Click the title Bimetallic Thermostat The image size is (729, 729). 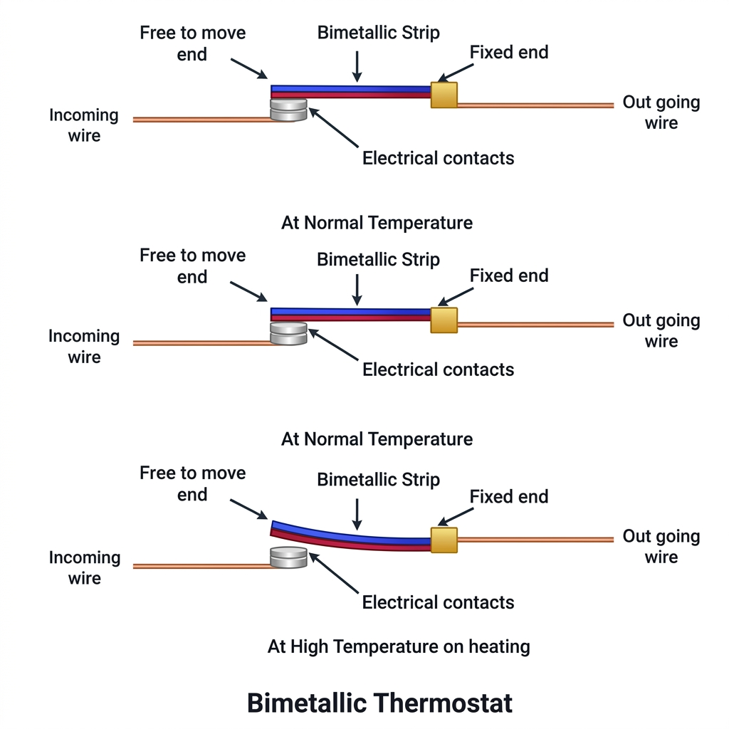(379, 703)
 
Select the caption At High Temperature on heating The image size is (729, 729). (399, 646)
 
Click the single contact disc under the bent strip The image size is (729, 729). (288, 557)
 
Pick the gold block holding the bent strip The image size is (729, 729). (444, 540)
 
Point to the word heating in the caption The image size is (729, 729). (499, 646)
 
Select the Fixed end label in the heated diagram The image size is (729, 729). (509, 496)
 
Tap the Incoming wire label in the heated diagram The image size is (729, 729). (84, 567)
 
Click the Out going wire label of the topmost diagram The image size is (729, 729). (661, 112)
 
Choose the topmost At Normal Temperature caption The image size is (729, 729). (377, 223)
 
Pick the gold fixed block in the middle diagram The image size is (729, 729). (444, 320)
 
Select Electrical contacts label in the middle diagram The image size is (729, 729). (438, 369)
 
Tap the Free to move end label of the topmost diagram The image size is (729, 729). (192, 43)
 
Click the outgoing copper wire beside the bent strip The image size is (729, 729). (534, 540)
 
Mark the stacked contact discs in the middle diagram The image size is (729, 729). (288, 334)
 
